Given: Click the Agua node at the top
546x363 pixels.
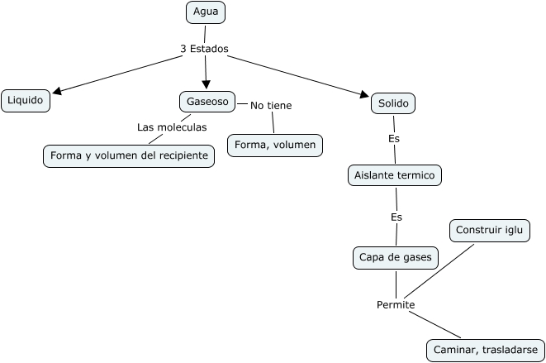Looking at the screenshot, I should pos(206,12).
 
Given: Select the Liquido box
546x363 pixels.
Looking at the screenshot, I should pos(26,101).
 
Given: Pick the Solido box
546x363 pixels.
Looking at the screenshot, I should pos(393,103).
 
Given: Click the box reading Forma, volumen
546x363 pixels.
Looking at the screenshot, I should pos(275,146).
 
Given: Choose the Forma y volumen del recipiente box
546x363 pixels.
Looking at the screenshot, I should pos(129,155).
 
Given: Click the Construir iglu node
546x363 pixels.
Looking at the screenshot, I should pos(490,230).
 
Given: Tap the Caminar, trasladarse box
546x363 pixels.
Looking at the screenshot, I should pos(486,350).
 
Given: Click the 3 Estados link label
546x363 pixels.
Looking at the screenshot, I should pos(204,49).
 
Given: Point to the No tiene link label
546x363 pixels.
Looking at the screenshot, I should pos(271,105).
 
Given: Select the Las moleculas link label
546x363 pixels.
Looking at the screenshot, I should pos(172,127).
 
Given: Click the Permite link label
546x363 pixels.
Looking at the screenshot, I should pos(395,305).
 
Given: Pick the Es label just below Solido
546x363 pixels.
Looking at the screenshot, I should pos(394,138).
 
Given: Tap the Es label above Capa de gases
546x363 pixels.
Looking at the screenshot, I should pos(396,217).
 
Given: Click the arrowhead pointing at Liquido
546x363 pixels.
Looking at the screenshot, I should pos(57,93).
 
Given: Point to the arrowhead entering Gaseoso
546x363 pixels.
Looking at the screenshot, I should pos(207,85).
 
